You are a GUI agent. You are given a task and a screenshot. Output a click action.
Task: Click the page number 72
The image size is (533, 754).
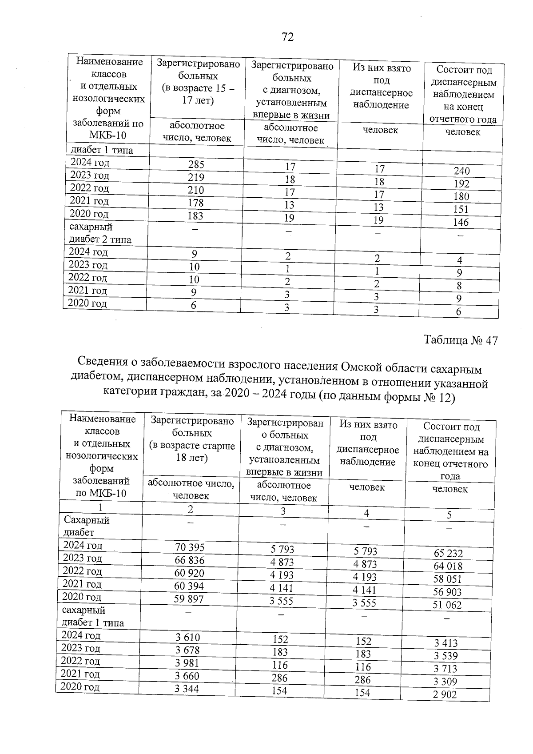(x=287, y=37)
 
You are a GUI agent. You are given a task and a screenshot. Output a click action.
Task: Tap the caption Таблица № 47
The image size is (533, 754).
(x=461, y=340)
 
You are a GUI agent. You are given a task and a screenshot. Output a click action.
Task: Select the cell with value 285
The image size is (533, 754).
(x=196, y=164)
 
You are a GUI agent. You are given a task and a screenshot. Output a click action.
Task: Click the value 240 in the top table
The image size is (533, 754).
(x=462, y=171)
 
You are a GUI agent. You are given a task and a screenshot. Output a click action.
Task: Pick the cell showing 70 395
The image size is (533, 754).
(x=190, y=547)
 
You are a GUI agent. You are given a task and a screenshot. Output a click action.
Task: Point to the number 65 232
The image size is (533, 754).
(x=448, y=554)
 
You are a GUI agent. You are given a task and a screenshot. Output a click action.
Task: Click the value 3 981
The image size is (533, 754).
(x=187, y=663)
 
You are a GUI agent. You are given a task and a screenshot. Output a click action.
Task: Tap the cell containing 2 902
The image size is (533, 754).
(x=445, y=695)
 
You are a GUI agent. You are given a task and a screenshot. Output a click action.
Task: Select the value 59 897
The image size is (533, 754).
(x=189, y=599)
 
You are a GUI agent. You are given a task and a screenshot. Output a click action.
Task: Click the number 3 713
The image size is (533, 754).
(x=445, y=669)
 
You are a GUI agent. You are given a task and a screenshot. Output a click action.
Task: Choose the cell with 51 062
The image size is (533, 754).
(x=447, y=605)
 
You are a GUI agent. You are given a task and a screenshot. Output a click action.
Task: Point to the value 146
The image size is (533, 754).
(x=461, y=222)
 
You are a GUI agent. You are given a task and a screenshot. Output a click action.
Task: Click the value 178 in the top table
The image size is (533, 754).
(x=195, y=203)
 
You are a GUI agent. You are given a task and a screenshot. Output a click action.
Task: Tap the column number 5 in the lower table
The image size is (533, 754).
(x=449, y=515)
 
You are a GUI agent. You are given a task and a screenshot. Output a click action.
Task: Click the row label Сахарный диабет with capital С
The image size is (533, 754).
(x=87, y=526)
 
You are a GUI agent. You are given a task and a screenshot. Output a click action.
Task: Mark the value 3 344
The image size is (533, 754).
(x=187, y=689)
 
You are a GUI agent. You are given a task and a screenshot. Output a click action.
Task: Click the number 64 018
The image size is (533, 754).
(x=448, y=566)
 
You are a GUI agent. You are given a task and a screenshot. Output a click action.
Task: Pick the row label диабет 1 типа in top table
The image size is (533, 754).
(x=100, y=150)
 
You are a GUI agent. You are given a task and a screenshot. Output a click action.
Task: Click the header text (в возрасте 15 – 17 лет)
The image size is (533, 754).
(x=198, y=95)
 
